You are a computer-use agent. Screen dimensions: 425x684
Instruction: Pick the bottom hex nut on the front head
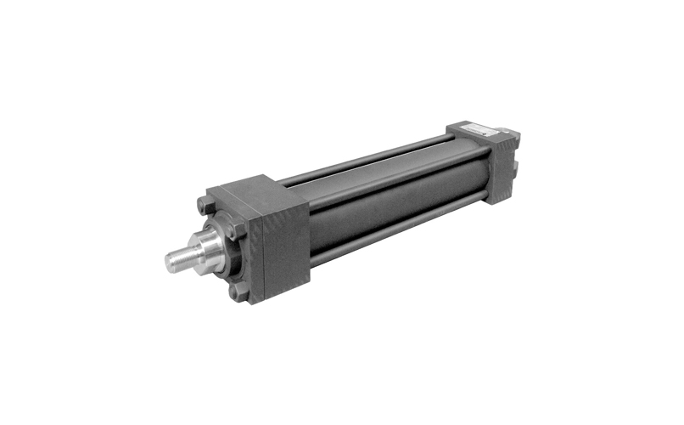[241, 293]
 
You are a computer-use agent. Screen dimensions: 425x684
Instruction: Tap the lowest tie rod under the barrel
[399, 230]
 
